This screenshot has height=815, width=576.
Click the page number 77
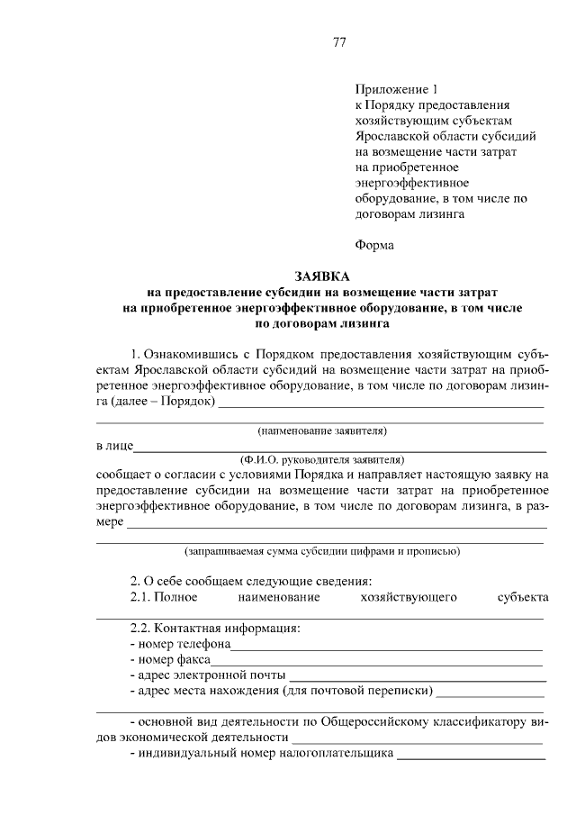pos(339,42)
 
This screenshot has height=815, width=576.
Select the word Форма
pos(374,244)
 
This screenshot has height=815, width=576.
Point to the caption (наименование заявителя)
pos(321,431)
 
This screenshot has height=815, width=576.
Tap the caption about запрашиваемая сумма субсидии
pos(321,549)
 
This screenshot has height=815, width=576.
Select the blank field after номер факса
pos(376,660)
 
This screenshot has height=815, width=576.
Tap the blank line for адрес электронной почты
pos(418,675)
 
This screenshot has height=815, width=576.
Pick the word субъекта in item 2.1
pos(522,597)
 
